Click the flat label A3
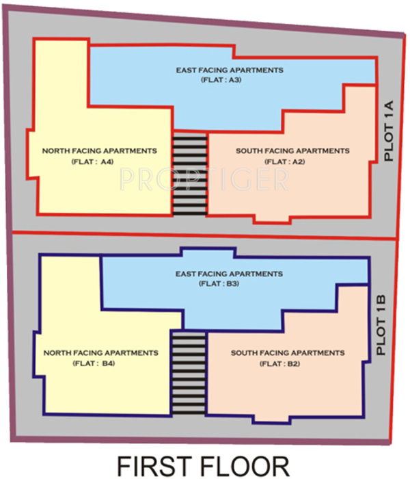[220, 81]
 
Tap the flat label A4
[92, 161]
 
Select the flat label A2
[284, 161]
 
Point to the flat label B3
[219, 283]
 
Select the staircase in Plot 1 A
[189, 174]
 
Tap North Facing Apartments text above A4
[99, 151]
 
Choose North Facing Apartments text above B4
[100, 353]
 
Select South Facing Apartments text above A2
[292, 151]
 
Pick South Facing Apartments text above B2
[287, 353]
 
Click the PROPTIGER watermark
[204, 179]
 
